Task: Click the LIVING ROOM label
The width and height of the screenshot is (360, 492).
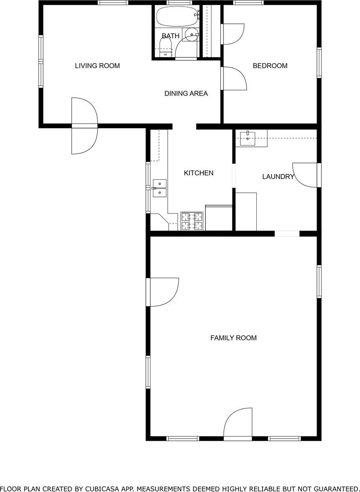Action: tap(97, 66)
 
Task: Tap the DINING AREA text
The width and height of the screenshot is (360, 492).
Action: tap(186, 94)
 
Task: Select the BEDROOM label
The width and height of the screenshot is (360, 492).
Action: tap(270, 66)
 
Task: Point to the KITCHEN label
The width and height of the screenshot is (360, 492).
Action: tap(198, 173)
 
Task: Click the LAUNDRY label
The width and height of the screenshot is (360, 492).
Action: tap(278, 177)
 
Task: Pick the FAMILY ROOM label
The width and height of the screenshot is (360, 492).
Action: tap(233, 338)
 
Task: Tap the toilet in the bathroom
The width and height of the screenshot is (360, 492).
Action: tap(165, 47)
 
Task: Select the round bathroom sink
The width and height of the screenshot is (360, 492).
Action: tap(191, 34)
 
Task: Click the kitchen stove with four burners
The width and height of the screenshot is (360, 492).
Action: tap(192, 221)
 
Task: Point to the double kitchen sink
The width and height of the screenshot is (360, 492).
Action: tap(159, 188)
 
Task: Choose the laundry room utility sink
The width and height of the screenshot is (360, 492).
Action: tap(248, 137)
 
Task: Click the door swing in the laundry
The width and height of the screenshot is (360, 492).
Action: tap(305, 175)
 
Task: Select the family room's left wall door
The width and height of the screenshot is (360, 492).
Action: tap(163, 292)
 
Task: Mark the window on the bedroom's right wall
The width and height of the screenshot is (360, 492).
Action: tap(319, 63)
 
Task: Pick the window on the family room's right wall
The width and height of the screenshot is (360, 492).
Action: tap(319, 281)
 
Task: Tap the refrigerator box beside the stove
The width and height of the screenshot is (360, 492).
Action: tap(219, 217)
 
